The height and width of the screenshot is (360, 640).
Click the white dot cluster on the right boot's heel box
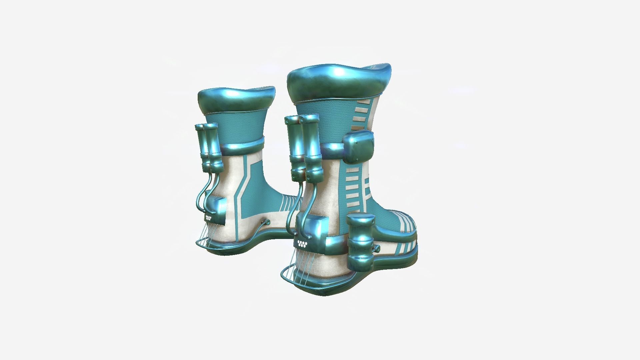(x=302, y=243)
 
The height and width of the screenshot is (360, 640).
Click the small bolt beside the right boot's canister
(x=377, y=248)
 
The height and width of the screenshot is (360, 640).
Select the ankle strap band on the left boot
(x=243, y=146)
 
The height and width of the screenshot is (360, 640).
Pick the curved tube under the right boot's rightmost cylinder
(x=308, y=203)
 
